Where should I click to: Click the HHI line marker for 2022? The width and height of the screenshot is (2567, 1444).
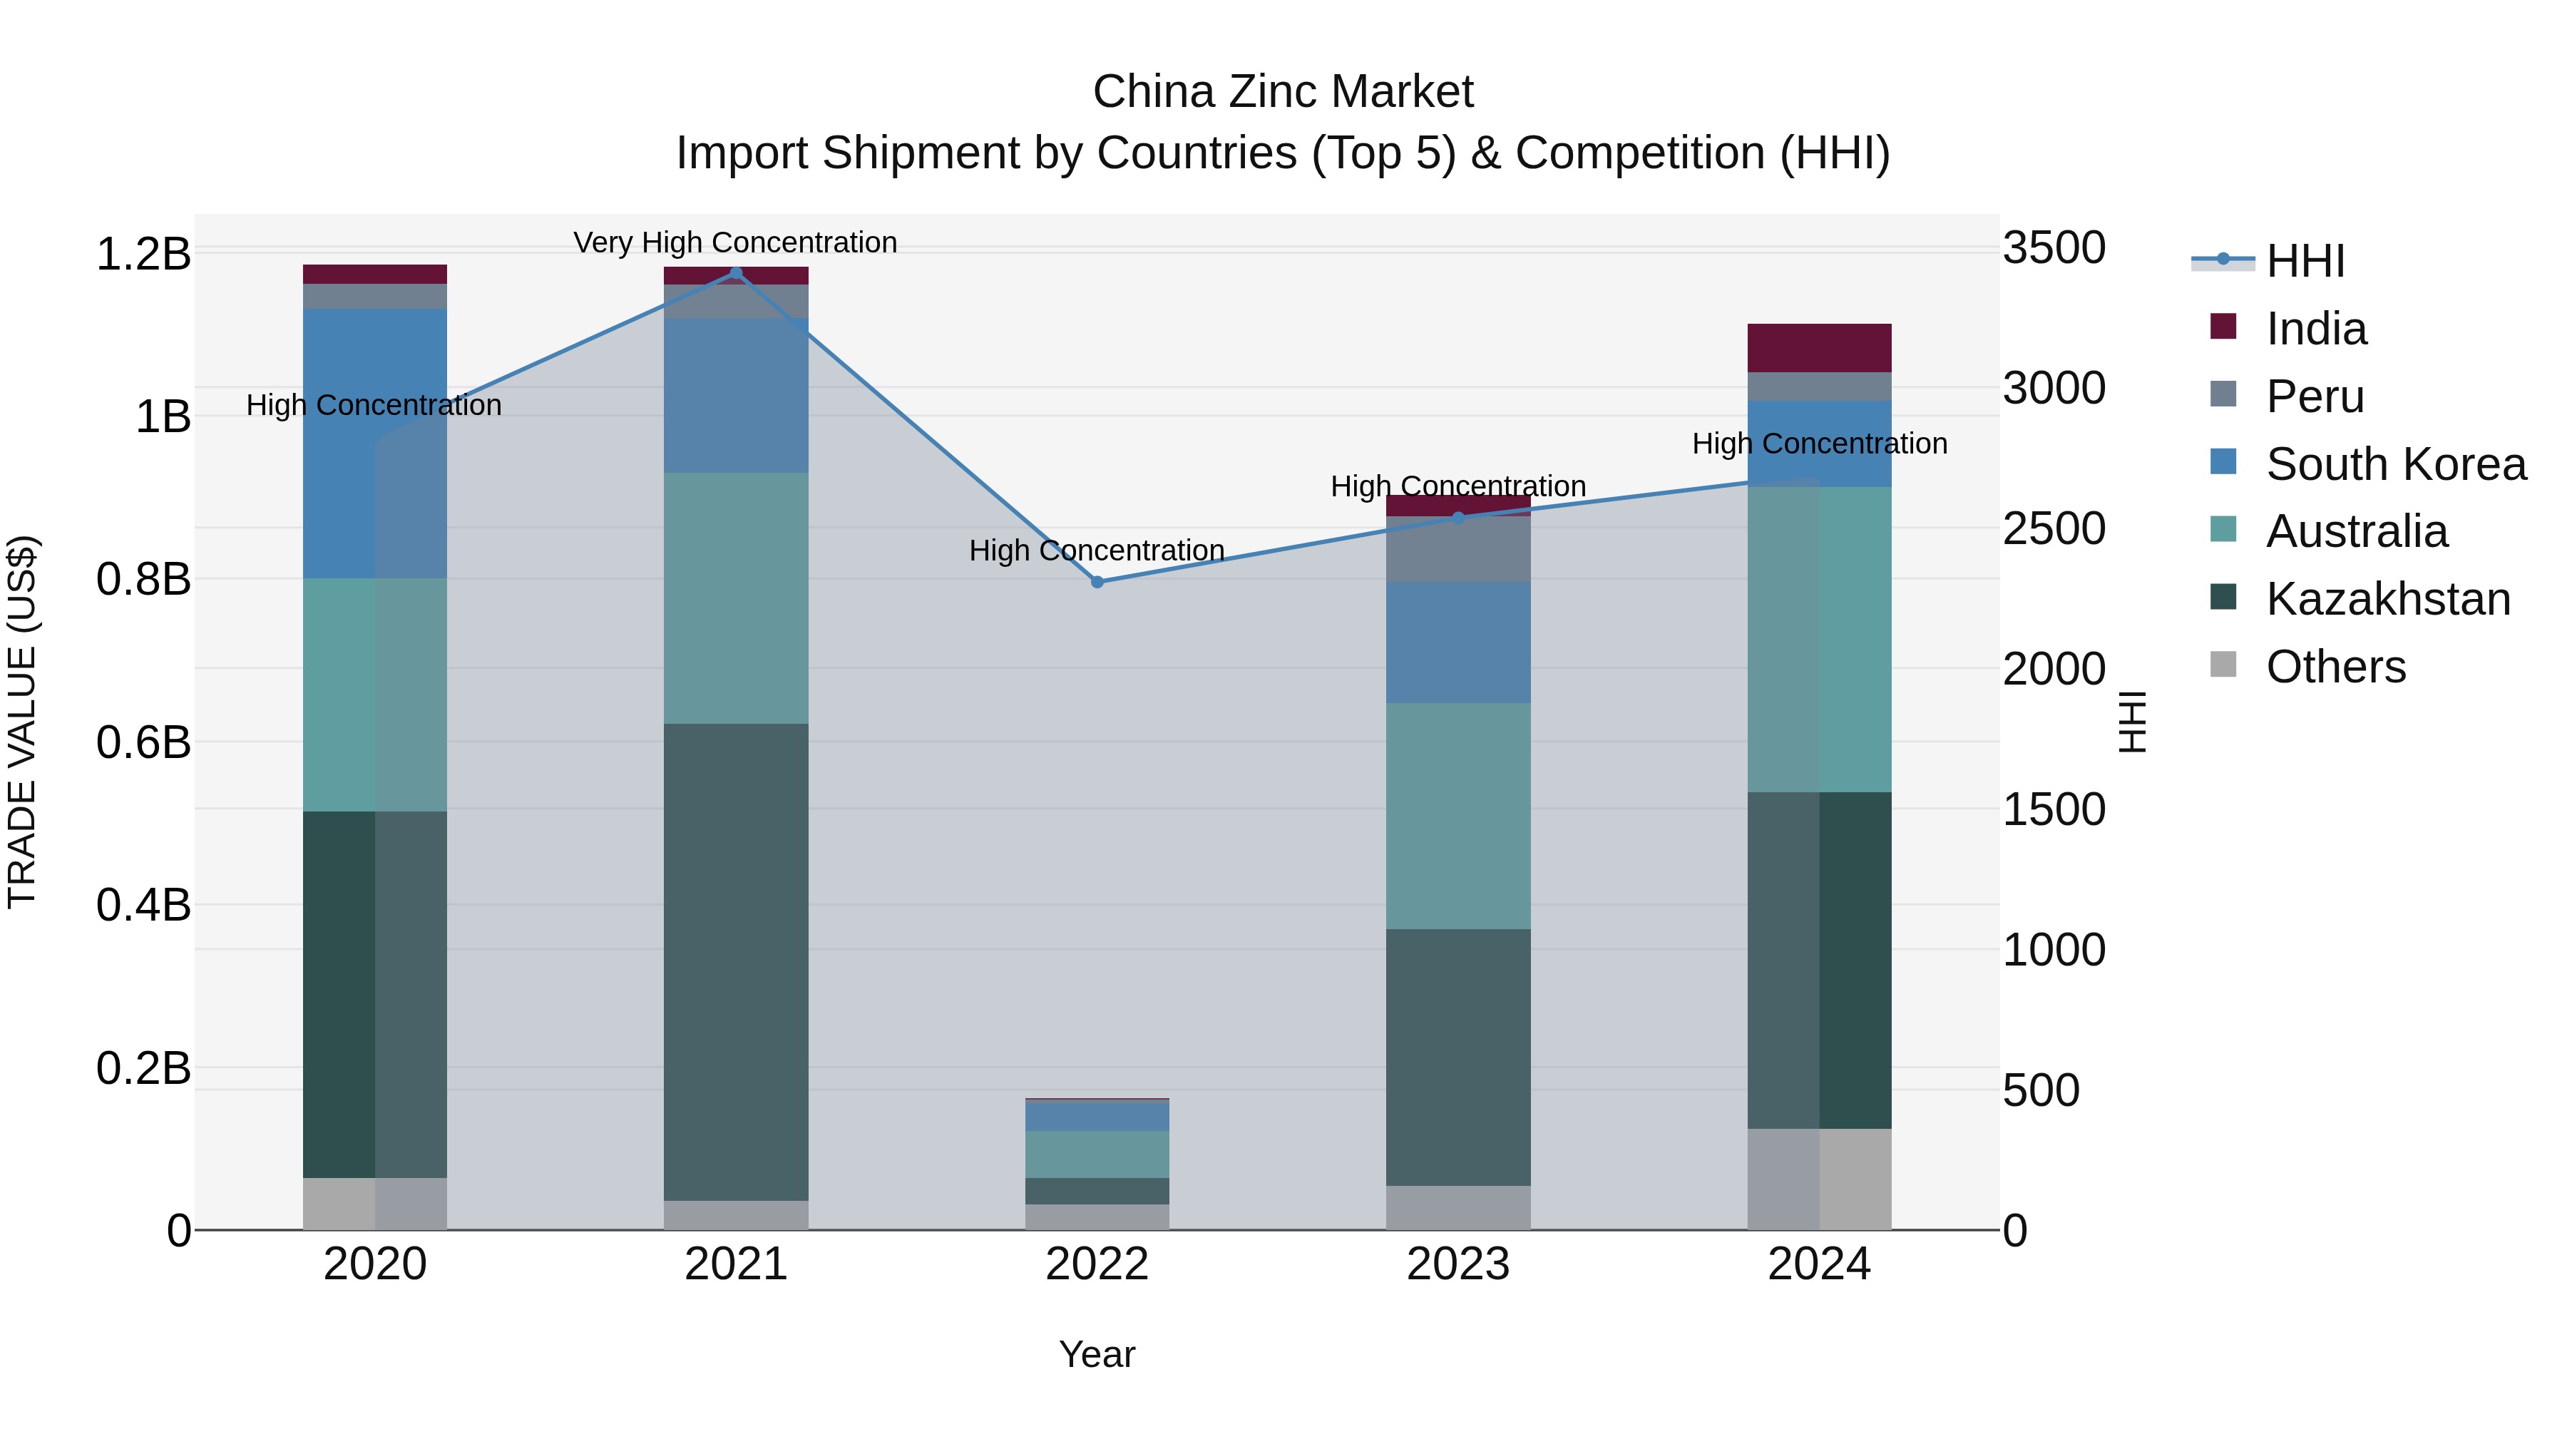pyautogui.click(x=1097, y=582)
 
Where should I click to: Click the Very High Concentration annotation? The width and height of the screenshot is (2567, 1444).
pyautogui.click(x=735, y=242)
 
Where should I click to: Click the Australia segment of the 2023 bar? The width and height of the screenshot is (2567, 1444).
pyautogui.click(x=1458, y=816)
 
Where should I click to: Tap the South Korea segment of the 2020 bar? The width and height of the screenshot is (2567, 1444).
pyautogui.click(x=374, y=444)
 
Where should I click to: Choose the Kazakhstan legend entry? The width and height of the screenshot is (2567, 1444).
pyautogui.click(x=2387, y=599)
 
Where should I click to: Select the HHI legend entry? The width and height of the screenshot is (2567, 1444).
pyautogui.click(x=2304, y=261)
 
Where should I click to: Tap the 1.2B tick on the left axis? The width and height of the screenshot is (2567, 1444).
pyautogui.click(x=143, y=254)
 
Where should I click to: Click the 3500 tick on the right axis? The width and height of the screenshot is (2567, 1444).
pyautogui.click(x=2054, y=248)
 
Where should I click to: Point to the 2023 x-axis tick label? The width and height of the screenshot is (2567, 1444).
pyautogui.click(x=1458, y=1264)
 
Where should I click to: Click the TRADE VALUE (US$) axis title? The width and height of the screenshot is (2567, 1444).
pyautogui.click(x=22, y=722)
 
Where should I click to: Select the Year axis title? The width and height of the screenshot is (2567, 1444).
pyautogui.click(x=1097, y=1354)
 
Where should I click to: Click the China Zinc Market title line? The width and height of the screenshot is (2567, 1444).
pyautogui.click(x=1283, y=92)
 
